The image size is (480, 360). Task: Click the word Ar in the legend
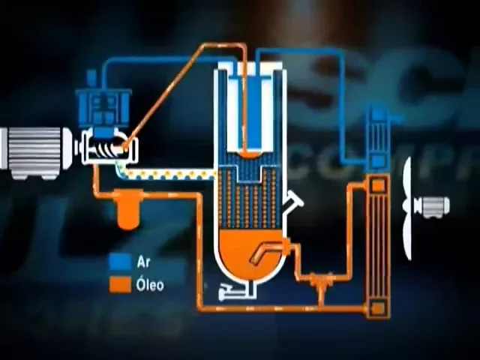click(143, 262)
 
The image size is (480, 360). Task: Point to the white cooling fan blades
click(407, 207)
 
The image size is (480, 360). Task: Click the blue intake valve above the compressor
click(104, 105)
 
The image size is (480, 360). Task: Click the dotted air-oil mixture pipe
click(172, 175)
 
